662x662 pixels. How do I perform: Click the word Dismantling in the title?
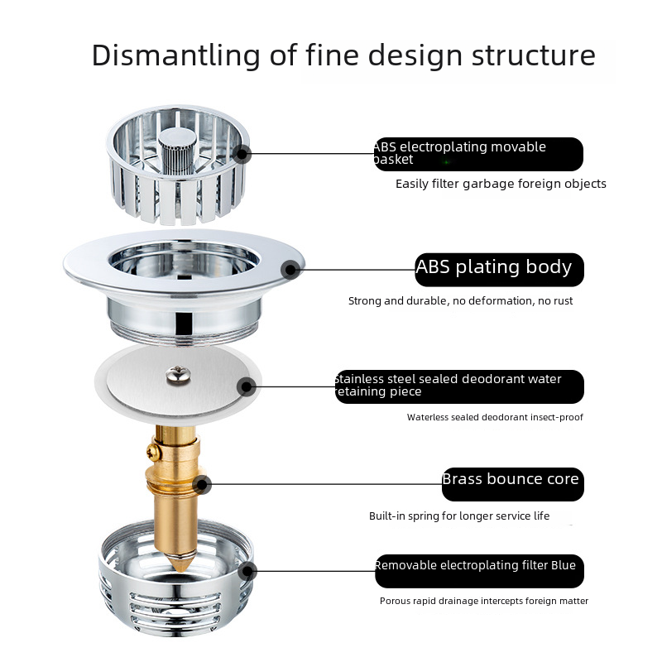point(175,55)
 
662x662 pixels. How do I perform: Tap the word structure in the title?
point(533,55)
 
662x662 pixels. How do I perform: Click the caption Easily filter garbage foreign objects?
point(501,184)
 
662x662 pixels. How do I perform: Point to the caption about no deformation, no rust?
point(460,300)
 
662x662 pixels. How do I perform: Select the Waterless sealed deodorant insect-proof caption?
point(495,417)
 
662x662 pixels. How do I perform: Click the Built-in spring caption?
point(459,516)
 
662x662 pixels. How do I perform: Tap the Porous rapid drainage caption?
point(484,601)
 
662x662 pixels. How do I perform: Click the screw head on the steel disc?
point(178,375)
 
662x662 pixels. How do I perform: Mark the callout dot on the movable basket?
point(242,154)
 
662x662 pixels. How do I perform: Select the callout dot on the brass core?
point(202,485)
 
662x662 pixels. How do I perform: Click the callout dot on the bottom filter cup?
point(247,572)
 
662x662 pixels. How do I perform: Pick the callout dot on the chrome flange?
point(290,270)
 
